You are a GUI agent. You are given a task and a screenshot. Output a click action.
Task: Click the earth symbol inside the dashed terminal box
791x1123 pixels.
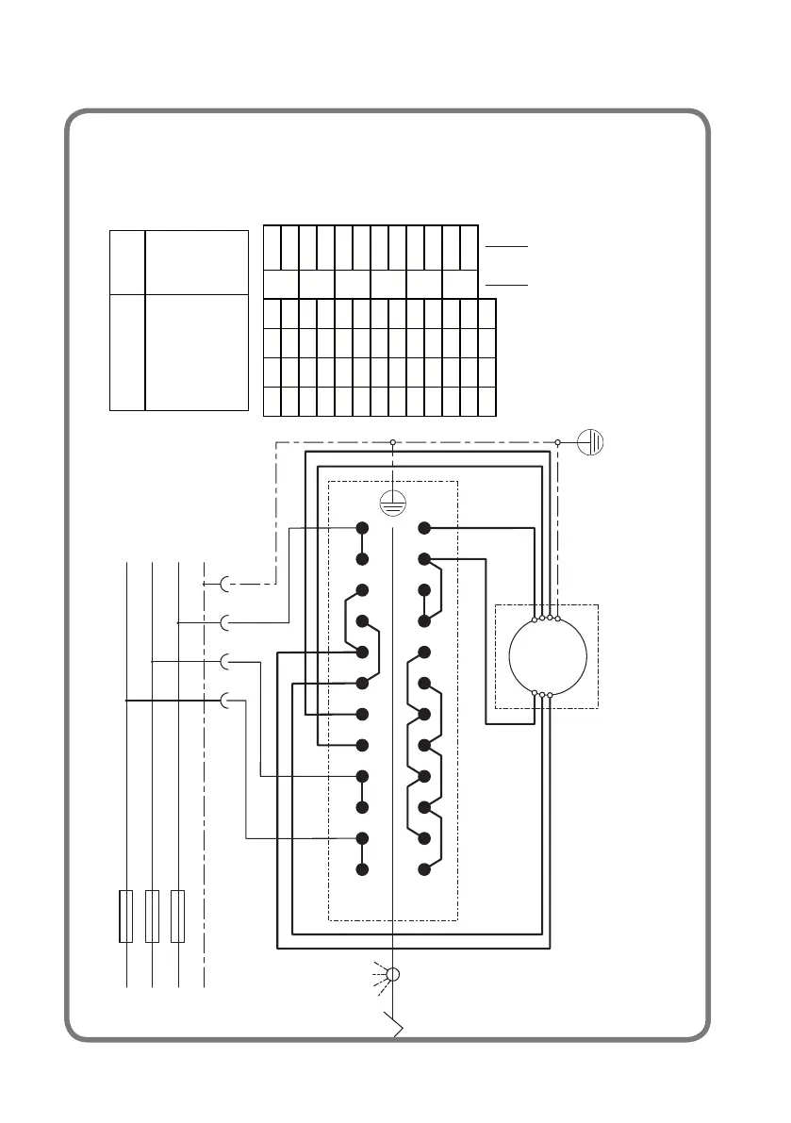tap(392, 504)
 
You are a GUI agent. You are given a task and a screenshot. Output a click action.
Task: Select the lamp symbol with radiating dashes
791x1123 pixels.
tap(394, 974)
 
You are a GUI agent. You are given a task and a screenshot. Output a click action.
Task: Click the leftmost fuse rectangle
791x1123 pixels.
tap(126, 915)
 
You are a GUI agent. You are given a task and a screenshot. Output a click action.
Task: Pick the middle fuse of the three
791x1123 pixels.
tap(152, 915)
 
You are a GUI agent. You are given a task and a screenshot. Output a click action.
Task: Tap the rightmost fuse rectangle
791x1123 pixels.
tap(177, 915)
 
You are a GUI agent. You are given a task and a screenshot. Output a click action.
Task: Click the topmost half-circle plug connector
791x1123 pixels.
tap(225, 585)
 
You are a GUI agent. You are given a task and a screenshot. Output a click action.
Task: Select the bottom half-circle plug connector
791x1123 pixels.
tap(225, 701)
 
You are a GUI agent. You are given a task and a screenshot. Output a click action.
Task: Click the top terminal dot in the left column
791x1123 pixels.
tap(362, 528)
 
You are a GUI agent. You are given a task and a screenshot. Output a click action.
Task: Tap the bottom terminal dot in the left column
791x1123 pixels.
tap(362, 868)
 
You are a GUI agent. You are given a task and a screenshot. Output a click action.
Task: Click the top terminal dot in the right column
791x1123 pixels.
tap(424, 528)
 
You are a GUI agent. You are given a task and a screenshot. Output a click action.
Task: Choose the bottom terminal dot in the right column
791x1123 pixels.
tap(424, 868)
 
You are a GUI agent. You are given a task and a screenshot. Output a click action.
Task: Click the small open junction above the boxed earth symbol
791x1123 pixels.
tap(392, 440)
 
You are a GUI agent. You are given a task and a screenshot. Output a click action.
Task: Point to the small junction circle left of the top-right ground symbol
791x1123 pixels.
tap(558, 440)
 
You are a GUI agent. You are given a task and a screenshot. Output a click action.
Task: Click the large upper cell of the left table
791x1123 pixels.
tap(196, 260)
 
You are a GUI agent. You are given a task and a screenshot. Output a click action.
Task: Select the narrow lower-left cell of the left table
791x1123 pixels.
tap(127, 352)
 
